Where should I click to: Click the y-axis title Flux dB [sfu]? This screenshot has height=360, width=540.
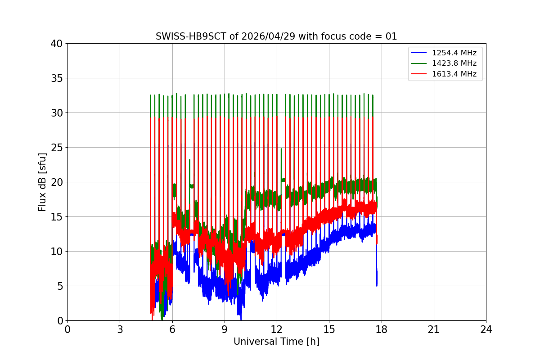42,182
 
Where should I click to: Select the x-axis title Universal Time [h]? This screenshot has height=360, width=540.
276,342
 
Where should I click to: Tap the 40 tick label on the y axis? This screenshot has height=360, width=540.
57,44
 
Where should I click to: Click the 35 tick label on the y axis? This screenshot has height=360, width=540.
57,78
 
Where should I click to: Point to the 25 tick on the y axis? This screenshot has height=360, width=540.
57,148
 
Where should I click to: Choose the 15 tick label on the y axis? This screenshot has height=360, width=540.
57,217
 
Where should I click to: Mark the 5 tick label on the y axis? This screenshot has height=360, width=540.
59,286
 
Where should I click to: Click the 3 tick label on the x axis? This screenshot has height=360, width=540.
120,329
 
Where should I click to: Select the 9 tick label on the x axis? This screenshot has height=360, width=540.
225,329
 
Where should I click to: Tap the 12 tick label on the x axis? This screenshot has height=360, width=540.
277,329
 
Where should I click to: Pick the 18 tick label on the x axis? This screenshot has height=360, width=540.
381,329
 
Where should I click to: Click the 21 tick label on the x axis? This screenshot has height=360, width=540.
434,329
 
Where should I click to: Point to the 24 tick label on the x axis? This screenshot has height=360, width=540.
486,329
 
